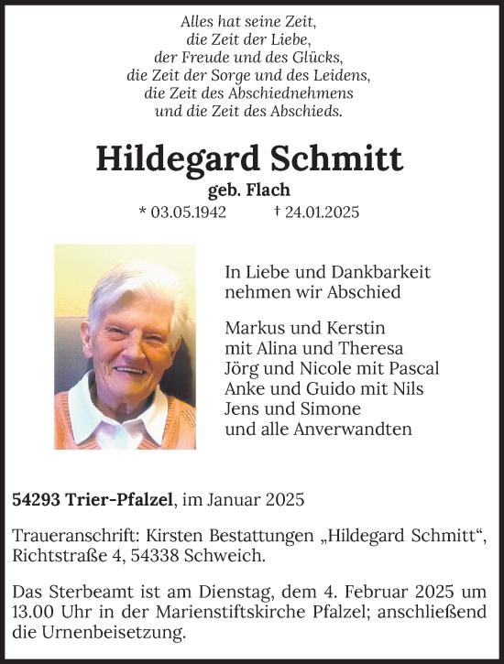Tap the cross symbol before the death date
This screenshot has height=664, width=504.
click(277, 212)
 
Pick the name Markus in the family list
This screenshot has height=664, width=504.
click(252, 328)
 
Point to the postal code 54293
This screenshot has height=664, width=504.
click(33, 500)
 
